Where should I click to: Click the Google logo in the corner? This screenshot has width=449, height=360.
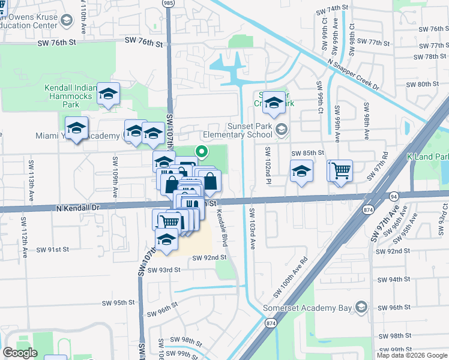20,353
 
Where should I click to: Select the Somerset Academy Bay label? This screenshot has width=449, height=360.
307,308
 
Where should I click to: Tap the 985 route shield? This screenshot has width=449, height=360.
169,4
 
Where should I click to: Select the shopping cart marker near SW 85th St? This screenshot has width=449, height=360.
339,170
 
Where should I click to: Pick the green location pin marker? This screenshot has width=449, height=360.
202,152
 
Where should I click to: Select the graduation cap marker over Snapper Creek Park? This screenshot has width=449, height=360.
274,102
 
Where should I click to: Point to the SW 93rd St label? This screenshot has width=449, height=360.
160,270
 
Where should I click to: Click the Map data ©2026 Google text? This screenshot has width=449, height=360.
412,355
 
